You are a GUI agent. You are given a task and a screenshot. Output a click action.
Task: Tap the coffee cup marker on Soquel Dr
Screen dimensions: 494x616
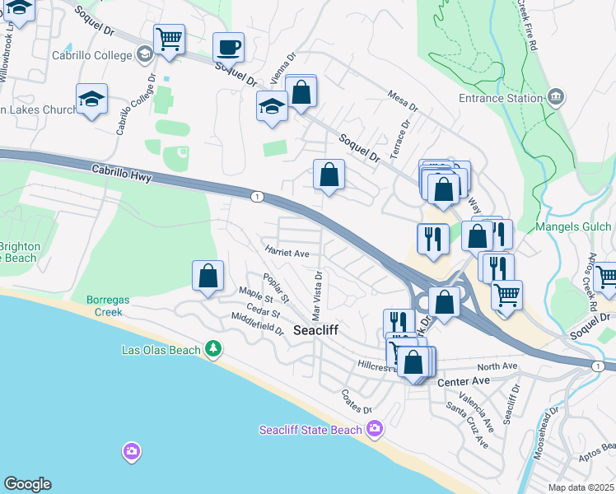(228, 48)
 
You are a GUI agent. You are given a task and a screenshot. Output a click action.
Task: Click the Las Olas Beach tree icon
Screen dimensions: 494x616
(213, 349)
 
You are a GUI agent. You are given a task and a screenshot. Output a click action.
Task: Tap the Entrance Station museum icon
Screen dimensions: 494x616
(556, 97)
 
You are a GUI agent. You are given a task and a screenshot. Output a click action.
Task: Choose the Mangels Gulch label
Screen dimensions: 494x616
(574, 226)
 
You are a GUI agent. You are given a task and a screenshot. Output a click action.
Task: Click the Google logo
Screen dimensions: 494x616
(27, 484)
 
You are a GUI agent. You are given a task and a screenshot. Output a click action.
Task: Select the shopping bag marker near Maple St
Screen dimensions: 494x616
(208, 276)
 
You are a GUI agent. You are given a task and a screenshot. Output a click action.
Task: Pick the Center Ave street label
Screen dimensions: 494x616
(464, 383)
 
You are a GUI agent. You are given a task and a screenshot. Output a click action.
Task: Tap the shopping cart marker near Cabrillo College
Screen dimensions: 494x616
(169, 39)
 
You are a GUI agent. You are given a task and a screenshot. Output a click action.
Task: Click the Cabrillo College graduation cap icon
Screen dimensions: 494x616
(145, 54)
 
